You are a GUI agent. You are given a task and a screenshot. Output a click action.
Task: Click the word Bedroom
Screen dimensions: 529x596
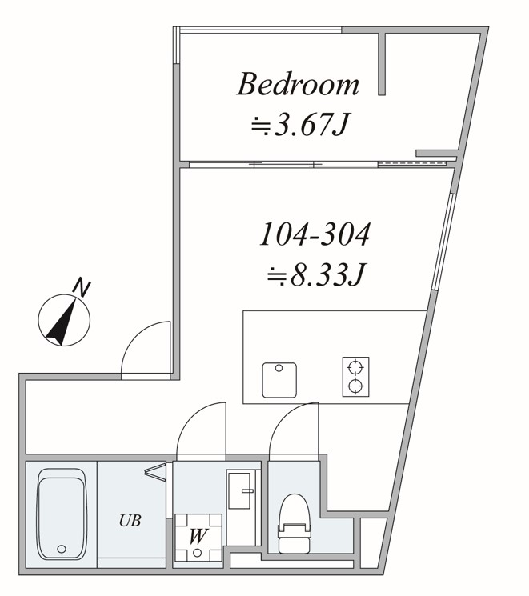pos(298,84)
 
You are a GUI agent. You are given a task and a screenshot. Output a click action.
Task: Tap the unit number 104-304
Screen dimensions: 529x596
pos(315,234)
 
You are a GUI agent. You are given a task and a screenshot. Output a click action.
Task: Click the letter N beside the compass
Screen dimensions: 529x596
pos(82,288)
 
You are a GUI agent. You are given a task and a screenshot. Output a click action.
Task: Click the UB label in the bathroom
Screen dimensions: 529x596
pos(130,520)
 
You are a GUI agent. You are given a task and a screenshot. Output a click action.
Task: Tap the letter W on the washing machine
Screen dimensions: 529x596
pos(198,536)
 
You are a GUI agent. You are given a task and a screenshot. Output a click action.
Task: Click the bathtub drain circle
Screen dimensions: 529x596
pos(62,549)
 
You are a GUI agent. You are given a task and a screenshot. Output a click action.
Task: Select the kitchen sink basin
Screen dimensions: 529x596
pos(279,380)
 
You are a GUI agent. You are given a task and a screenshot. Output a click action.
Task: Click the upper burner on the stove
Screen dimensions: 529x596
pos(355,367)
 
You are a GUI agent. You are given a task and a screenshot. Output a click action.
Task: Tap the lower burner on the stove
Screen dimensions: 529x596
pos(355,386)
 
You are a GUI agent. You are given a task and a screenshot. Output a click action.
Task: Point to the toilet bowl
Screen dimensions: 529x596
pos(295,510)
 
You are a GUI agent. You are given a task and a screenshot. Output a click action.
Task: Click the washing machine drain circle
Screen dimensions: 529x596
pos(197,553)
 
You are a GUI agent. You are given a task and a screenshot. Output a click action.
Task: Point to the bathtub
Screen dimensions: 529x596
pos(61,514)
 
